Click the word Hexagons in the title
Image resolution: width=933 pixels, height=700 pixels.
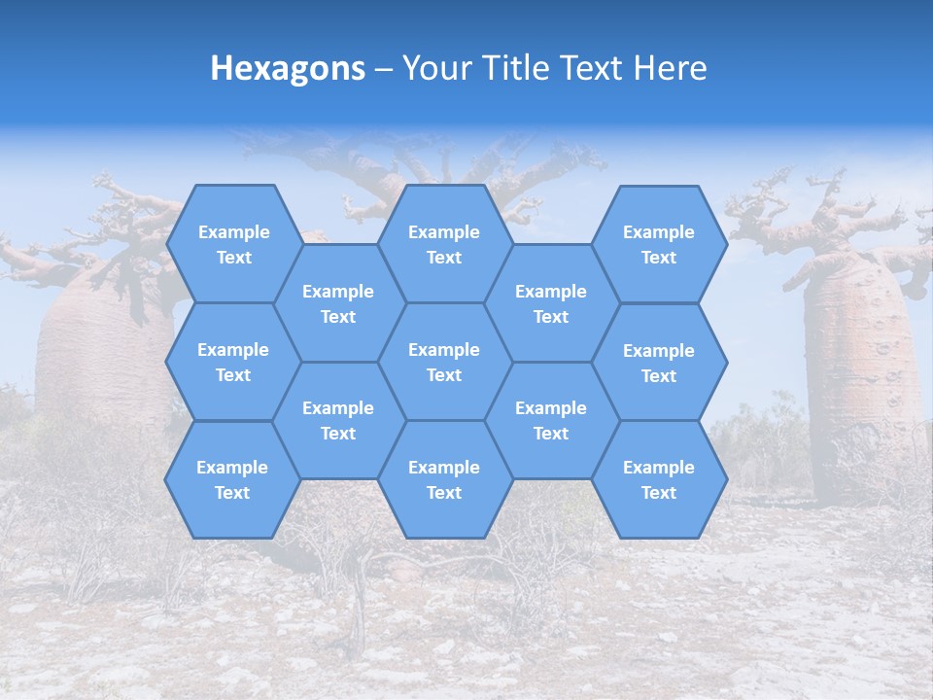[288, 68]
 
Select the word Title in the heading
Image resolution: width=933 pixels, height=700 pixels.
[531, 68]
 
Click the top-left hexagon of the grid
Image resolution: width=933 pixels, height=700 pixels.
[233, 244]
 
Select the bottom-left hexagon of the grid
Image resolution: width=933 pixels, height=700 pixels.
[232, 479]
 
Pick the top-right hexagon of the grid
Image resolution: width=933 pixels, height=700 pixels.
[659, 244]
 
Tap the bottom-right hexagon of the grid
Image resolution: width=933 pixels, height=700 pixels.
[659, 479]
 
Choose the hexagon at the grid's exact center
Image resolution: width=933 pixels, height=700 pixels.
[444, 362]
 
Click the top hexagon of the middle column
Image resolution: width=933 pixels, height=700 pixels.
[444, 244]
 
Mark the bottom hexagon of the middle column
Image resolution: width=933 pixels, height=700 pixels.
[444, 479]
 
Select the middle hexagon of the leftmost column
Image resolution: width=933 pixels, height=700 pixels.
[233, 362]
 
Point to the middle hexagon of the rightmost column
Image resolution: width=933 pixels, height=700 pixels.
[659, 363]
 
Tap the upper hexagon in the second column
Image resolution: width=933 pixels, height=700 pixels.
[338, 303]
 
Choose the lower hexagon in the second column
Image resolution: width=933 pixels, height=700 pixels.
[338, 420]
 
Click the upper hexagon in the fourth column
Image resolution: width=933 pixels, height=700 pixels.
[551, 303]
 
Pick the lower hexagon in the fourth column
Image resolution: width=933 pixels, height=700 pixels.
[551, 420]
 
